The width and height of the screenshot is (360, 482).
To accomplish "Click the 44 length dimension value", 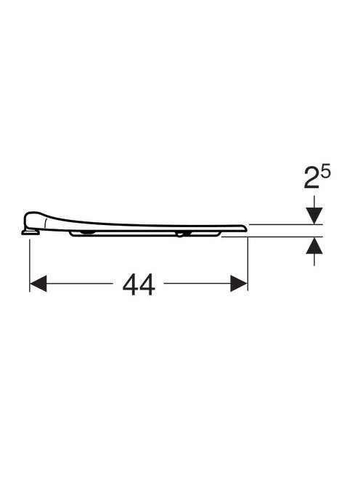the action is coord(139,285).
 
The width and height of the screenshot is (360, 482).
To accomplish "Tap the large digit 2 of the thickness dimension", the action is coord(311,178).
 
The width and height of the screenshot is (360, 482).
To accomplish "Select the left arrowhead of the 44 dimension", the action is coord(38,283).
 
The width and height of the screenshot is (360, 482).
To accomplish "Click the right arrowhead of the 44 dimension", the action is coord(239,283).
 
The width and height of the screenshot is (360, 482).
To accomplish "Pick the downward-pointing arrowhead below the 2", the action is coord(314,216).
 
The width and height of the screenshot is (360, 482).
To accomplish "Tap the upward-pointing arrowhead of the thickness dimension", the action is coord(314,245).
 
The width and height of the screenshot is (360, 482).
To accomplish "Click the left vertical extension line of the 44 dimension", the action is coord(30,266).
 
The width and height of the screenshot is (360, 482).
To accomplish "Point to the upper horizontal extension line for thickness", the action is coord(285,225).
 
